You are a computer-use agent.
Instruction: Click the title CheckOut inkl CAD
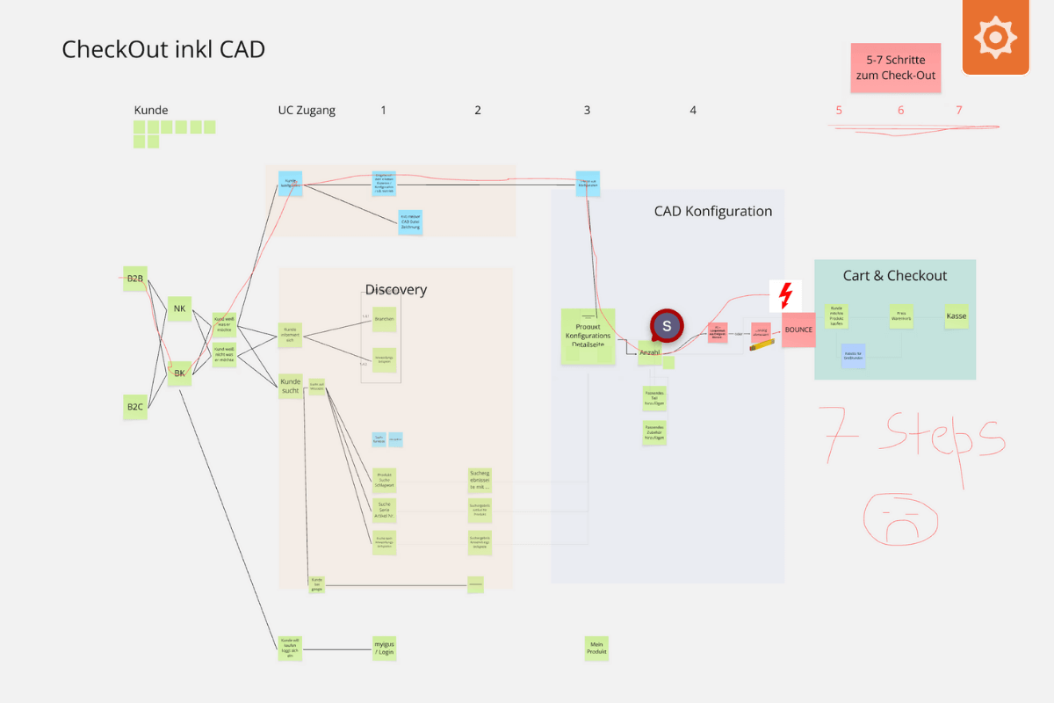click(x=163, y=49)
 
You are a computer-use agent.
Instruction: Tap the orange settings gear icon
click(x=995, y=37)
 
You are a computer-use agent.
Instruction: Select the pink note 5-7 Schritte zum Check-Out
click(x=895, y=69)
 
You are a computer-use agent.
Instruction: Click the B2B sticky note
click(x=135, y=279)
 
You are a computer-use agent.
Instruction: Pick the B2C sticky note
click(x=135, y=406)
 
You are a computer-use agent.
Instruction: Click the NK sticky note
click(x=180, y=308)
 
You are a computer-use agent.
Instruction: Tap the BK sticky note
click(x=180, y=373)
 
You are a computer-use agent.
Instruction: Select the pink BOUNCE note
click(x=798, y=330)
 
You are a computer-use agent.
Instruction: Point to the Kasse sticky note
click(x=957, y=315)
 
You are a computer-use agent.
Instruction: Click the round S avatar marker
click(x=667, y=326)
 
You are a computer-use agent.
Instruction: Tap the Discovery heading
click(x=395, y=290)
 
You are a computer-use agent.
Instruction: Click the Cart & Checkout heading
click(x=894, y=276)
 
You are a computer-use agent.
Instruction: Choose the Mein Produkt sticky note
click(x=596, y=648)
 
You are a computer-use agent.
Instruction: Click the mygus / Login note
click(x=385, y=649)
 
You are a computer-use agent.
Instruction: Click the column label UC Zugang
click(x=307, y=111)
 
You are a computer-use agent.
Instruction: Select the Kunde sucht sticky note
click(x=290, y=386)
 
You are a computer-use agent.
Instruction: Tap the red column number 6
click(x=900, y=111)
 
